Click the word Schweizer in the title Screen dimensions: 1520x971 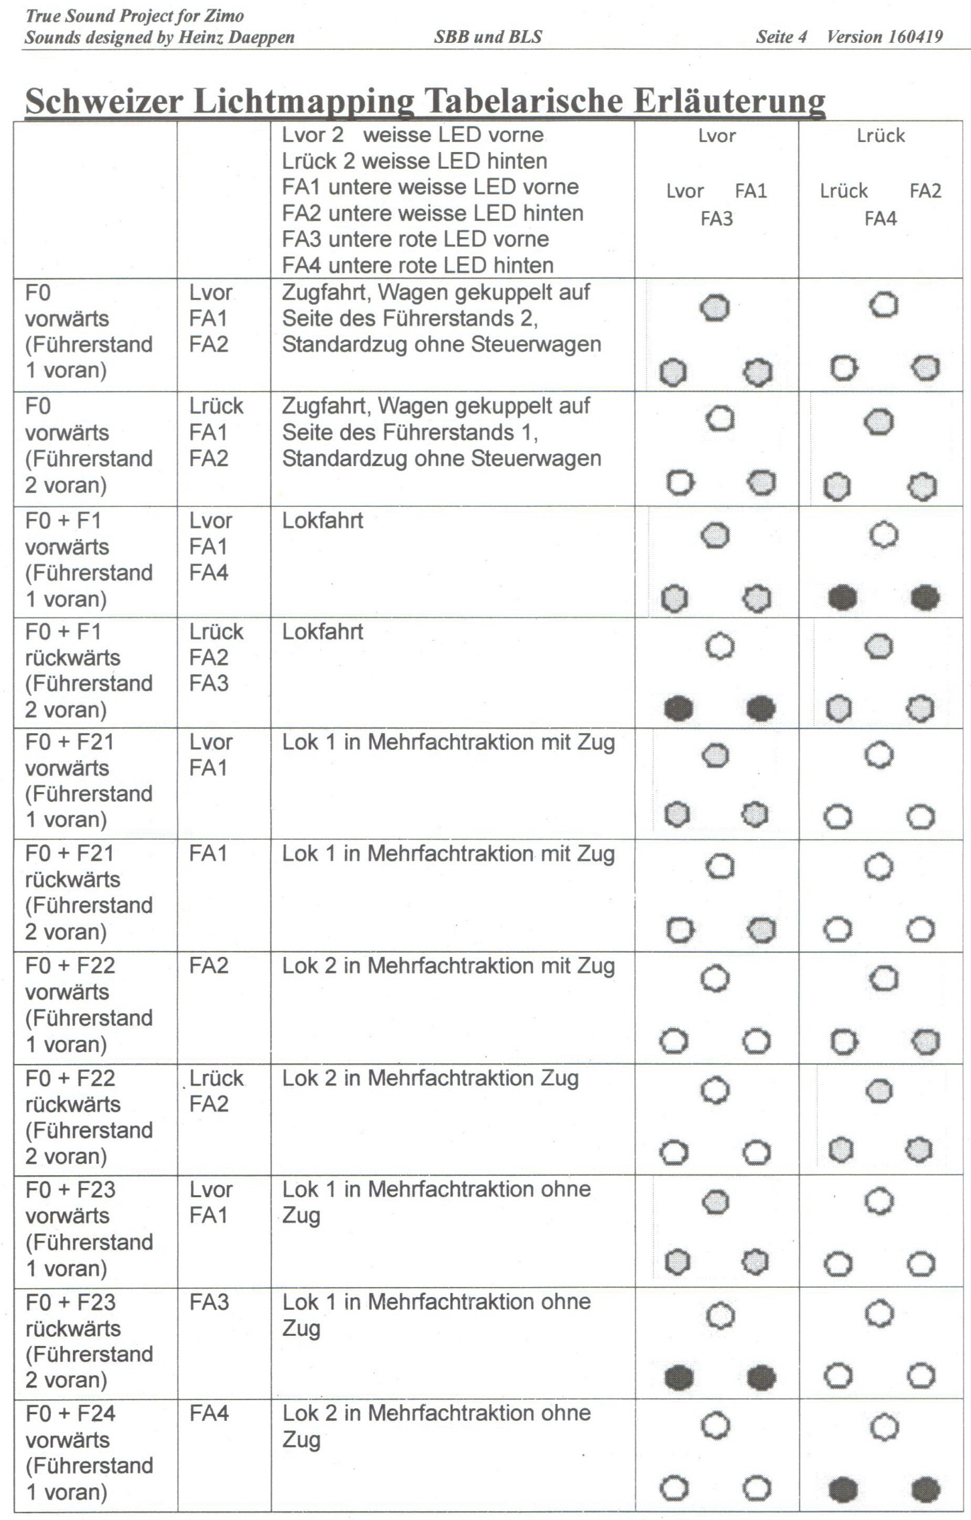[x=104, y=101]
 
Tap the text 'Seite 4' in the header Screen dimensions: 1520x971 [x=781, y=36]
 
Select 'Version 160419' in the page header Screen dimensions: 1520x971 [x=885, y=36]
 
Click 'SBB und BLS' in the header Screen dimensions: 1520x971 [x=488, y=36]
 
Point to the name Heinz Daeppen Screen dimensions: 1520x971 [x=236, y=37]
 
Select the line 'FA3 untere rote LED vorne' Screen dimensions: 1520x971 [x=415, y=239]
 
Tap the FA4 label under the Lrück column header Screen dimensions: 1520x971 [x=880, y=219]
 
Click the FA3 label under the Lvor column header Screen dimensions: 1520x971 [x=717, y=219]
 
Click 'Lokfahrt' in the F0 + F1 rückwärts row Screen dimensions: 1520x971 [x=322, y=631]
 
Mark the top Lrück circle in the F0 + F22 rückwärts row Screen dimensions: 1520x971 [x=879, y=1091]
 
